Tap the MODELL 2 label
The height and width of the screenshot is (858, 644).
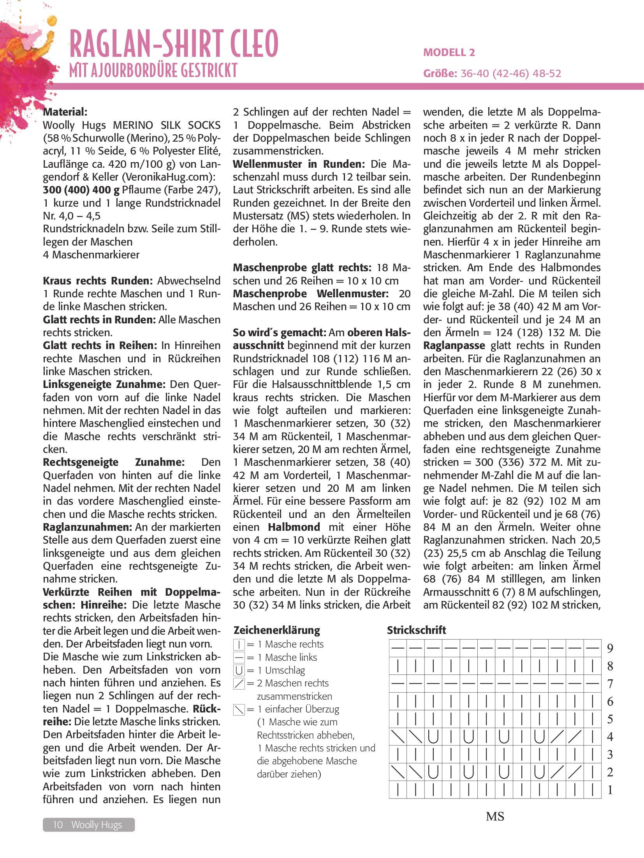[x=449, y=53]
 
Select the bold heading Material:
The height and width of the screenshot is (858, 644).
[x=65, y=112]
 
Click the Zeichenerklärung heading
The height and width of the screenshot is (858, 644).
[x=277, y=630]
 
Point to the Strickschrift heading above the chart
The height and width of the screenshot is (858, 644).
[x=416, y=630]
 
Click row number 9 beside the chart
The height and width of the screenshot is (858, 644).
[x=610, y=648]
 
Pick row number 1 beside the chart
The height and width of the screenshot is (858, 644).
[x=610, y=790]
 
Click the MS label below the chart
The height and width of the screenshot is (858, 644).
[x=495, y=816]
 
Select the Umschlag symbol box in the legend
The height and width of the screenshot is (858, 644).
[x=239, y=670]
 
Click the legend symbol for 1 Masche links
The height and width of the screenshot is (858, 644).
[x=239, y=658]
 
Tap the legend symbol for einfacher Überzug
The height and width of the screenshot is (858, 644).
[x=239, y=710]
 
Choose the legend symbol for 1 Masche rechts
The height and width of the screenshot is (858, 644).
[x=239, y=645]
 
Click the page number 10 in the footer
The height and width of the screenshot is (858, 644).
[x=58, y=825]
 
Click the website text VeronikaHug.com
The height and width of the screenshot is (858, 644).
[x=167, y=177]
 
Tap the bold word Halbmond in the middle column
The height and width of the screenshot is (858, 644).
[x=294, y=527]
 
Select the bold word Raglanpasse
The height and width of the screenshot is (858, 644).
[x=454, y=346]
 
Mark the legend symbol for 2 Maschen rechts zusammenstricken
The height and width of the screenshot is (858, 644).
[x=239, y=684]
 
